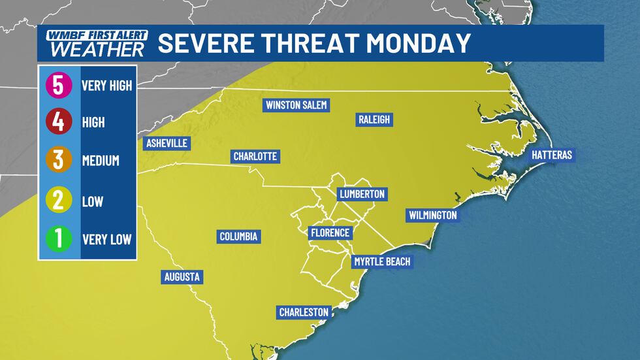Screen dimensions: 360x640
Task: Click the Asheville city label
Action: (x=167, y=143)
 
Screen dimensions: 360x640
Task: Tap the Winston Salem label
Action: (x=296, y=105)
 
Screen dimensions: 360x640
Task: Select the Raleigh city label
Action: (x=374, y=119)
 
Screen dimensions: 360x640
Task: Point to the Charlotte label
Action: (x=256, y=157)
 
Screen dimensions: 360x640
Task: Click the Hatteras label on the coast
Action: (x=552, y=155)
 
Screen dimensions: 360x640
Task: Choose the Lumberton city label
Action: (x=362, y=194)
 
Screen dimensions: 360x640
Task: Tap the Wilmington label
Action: (x=432, y=215)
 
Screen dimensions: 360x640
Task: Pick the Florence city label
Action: (x=330, y=233)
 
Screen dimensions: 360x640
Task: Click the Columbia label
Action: (x=239, y=237)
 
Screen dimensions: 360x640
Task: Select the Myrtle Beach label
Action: (x=382, y=262)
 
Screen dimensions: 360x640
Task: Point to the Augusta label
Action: (x=182, y=277)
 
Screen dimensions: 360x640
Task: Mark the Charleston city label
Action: (x=304, y=312)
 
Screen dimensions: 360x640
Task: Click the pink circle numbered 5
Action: (x=58, y=85)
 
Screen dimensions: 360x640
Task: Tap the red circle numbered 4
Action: (x=58, y=122)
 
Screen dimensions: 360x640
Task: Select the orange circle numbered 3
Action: (x=58, y=160)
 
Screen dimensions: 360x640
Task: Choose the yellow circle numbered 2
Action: (x=58, y=199)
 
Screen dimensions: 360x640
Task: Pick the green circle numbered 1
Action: (x=58, y=238)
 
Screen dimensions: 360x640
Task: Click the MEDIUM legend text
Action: (x=101, y=161)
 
